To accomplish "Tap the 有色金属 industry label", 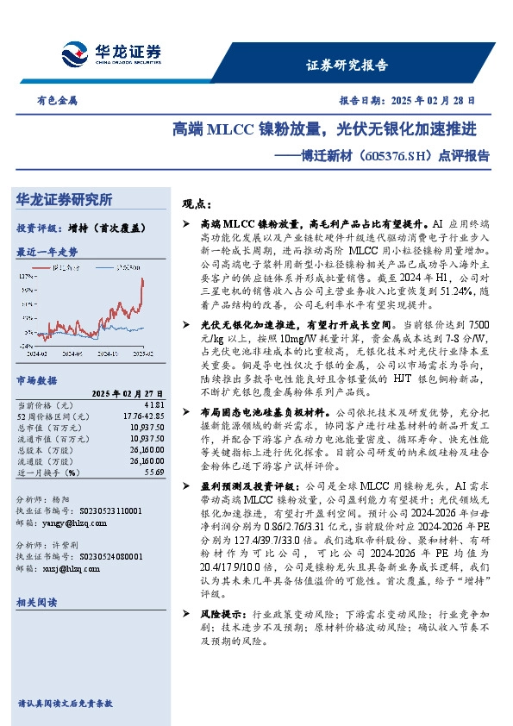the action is (57, 100).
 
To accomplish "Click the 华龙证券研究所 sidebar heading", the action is (65, 200).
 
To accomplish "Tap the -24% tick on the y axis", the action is (25, 346).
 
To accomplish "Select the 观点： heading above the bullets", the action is (197, 204).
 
